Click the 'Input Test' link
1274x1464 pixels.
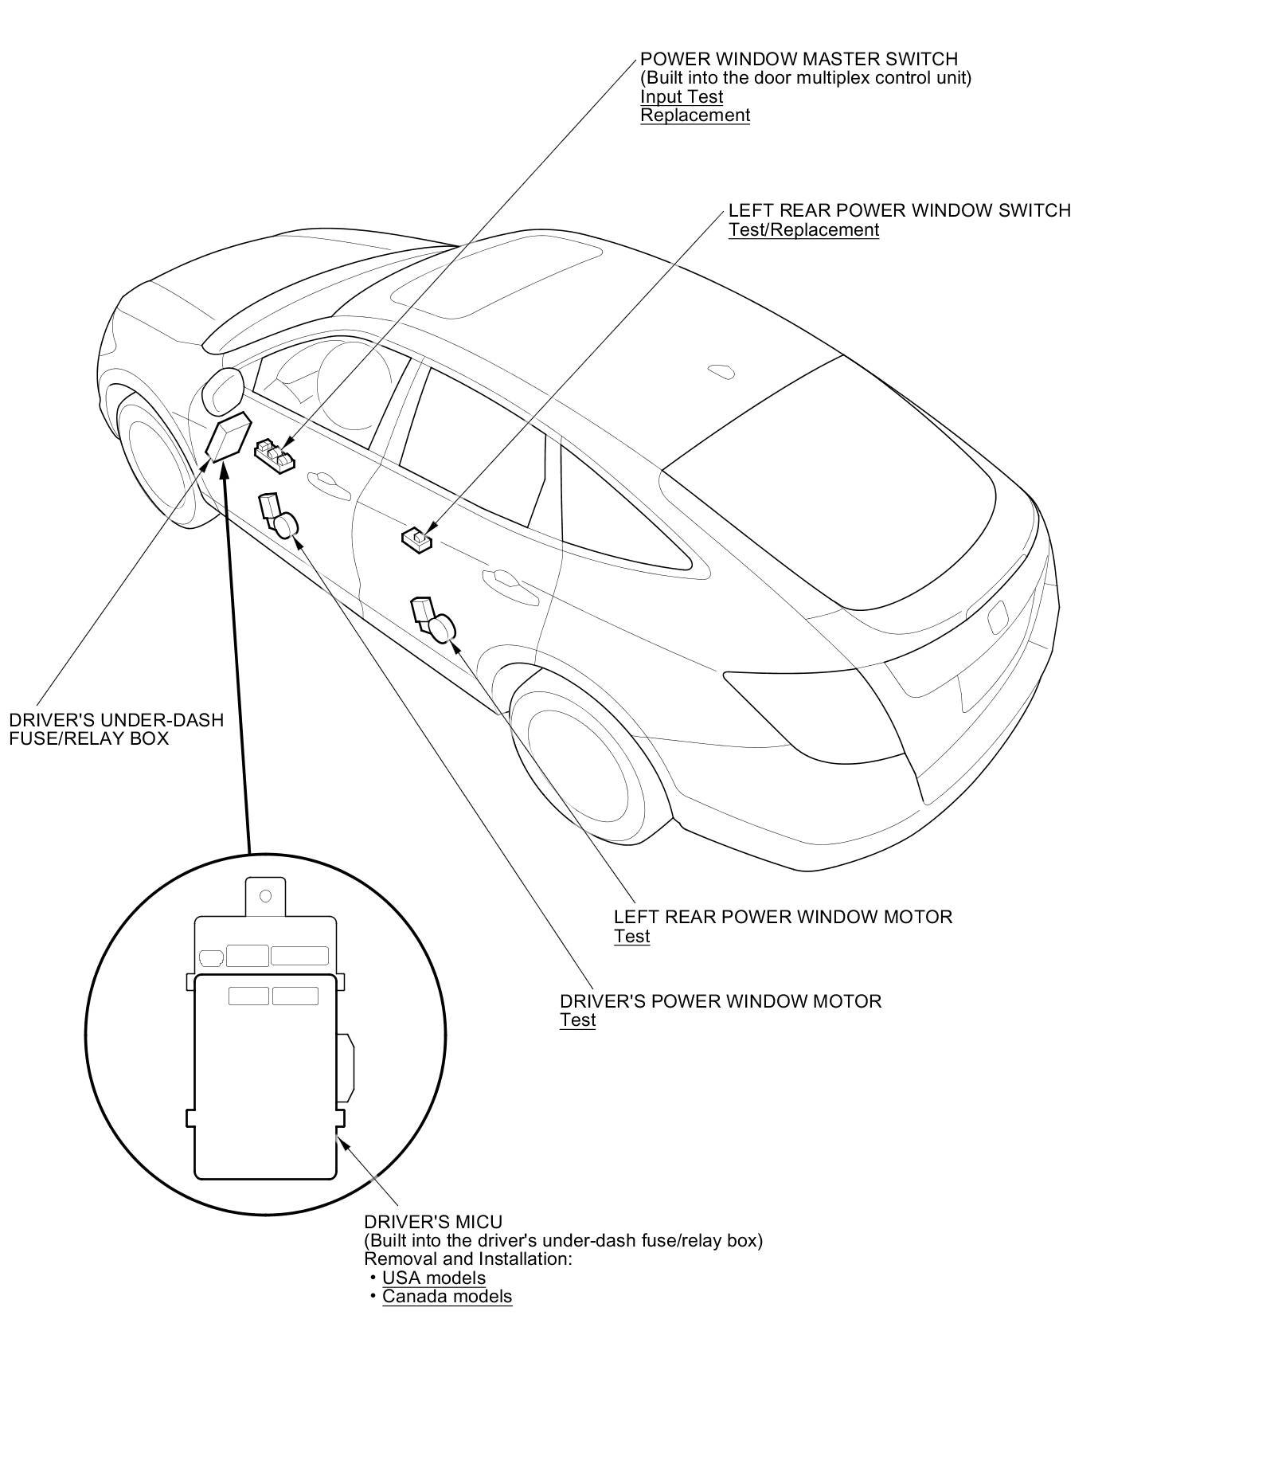[682, 96]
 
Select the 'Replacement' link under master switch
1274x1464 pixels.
[695, 115]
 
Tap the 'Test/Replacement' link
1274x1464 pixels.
[803, 229]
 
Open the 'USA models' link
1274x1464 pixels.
[434, 1278]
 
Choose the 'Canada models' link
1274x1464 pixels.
[447, 1296]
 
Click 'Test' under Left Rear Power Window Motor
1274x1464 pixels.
[631, 936]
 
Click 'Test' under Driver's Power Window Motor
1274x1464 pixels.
[577, 1020]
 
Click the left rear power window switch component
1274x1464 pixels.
[416, 539]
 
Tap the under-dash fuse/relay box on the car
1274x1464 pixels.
[228, 437]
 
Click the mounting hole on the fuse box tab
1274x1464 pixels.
[266, 895]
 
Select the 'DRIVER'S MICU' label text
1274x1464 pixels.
[433, 1222]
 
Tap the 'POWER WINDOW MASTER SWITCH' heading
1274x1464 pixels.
[799, 59]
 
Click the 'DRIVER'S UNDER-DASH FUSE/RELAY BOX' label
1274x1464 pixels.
[115, 729]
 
